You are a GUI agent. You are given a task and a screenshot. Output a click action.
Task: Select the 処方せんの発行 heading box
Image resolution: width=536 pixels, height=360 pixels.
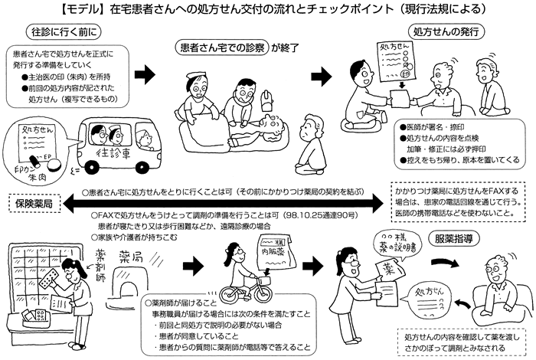click(x=455, y=34)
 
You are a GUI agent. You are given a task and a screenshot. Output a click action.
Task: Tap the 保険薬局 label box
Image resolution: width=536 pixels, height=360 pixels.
click(x=30, y=205)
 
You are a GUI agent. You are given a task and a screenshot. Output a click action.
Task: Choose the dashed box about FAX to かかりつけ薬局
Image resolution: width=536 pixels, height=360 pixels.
click(x=460, y=201)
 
